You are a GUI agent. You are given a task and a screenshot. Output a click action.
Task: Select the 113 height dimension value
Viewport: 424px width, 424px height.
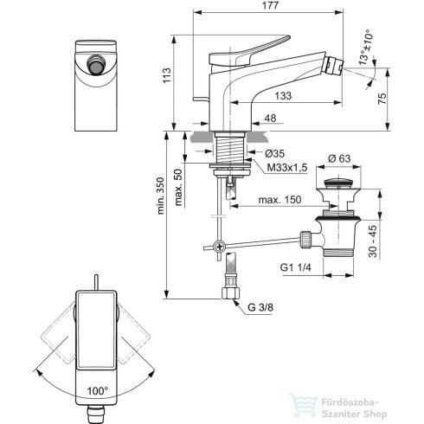[178, 83]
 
